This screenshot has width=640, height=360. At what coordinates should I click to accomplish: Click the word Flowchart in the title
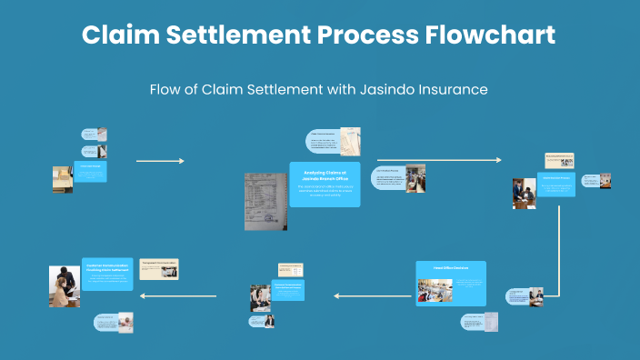pos(489,36)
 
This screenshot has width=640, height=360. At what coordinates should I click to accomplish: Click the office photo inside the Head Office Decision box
pos(435,290)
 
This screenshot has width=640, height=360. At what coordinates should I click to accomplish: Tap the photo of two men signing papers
pos(524,194)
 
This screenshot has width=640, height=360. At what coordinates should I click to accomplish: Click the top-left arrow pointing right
pos(160,161)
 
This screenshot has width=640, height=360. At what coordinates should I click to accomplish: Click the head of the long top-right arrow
pos(498,160)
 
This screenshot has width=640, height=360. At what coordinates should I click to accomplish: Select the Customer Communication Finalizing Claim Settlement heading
pos(108,266)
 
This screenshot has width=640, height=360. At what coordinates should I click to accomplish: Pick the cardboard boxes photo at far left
pos(62,179)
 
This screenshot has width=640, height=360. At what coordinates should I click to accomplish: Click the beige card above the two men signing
pos(559,161)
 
